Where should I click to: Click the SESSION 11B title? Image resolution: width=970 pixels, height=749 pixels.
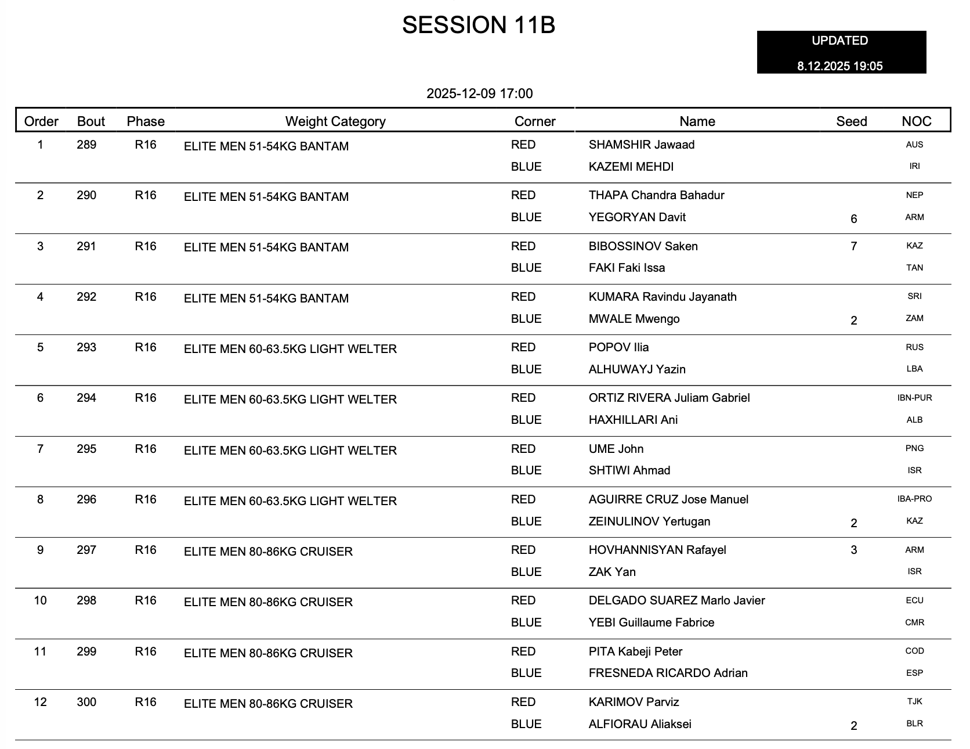pos(479,25)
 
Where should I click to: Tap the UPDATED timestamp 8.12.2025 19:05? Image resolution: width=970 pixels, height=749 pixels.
pos(839,66)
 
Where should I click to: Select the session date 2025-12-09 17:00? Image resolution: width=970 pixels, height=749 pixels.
pos(479,93)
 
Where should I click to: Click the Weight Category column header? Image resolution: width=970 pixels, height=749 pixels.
pos(335,121)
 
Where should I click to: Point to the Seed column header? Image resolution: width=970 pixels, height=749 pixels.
pos(851,121)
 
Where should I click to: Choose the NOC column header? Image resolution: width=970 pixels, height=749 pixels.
pos(916,121)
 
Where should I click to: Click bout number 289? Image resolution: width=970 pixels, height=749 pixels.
pos(86,145)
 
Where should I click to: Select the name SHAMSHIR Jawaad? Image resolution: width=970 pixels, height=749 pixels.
pos(641,145)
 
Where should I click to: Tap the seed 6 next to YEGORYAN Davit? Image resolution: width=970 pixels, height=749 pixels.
pos(853,219)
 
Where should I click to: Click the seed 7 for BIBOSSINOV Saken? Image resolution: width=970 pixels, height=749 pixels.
pos(853,246)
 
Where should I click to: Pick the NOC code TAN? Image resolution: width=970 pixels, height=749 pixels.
pos(914,268)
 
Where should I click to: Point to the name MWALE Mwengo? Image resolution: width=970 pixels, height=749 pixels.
pos(634,319)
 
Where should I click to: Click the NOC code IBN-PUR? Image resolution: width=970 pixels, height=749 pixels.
pos(914,398)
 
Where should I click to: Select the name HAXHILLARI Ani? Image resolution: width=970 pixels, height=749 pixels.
pos(633,420)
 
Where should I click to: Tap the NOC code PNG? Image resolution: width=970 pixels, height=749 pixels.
pos(914,448)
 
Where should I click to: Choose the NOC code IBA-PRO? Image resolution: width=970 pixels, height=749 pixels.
pos(914,499)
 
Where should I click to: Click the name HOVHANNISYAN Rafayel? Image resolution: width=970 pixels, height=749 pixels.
pos(657,550)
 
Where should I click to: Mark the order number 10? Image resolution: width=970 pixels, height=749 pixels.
pos(40,600)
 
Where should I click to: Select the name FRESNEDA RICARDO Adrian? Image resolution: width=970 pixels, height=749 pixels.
pos(668,673)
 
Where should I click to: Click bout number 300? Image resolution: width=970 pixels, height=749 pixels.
pos(86,702)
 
